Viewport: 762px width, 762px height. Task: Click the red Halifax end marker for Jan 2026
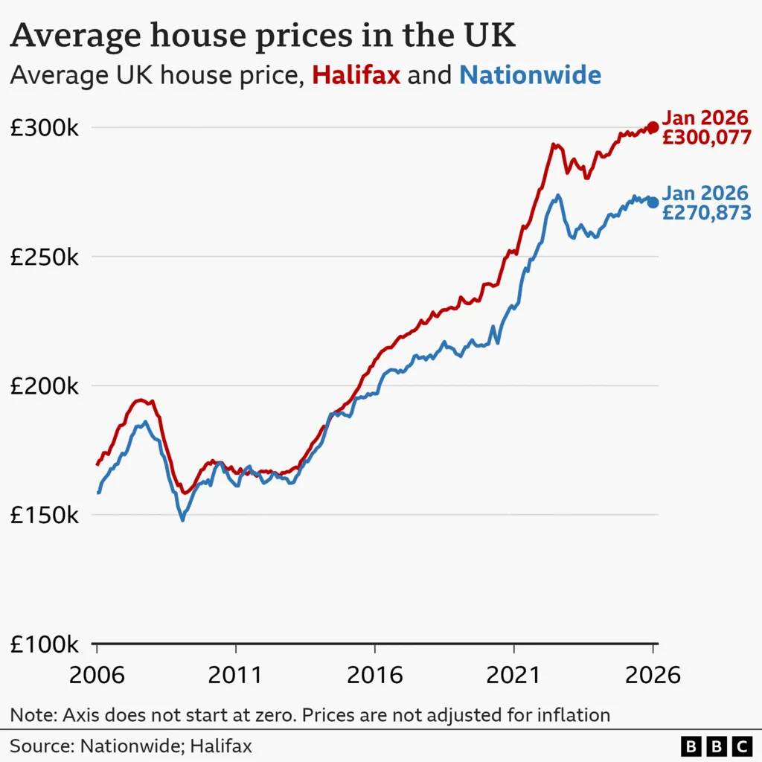tap(653, 127)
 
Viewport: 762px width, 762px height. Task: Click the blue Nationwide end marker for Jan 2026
tap(653, 202)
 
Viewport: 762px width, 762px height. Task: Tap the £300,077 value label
tap(706, 137)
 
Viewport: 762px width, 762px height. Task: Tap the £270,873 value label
tap(706, 213)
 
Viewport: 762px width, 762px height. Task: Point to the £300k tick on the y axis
tap(44, 128)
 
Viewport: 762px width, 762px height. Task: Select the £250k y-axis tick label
tap(44, 257)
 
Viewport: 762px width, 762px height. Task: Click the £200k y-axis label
tap(44, 386)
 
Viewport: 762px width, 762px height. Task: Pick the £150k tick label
tap(44, 515)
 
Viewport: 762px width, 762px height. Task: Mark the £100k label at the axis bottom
tap(44, 644)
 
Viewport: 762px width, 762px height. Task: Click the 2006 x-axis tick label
tap(97, 675)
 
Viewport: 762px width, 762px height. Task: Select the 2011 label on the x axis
tap(236, 675)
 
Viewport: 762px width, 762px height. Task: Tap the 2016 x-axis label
tap(375, 675)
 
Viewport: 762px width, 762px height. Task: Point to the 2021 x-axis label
tap(514, 675)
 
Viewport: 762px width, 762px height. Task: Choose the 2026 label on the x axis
tap(653, 675)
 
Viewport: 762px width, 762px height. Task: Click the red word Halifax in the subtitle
tap(356, 75)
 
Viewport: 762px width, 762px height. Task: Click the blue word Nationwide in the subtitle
tap(530, 75)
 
